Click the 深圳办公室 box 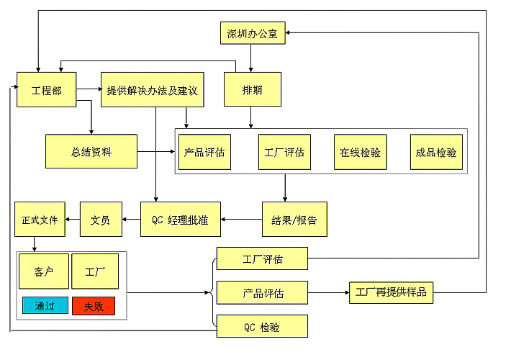tap(252, 33)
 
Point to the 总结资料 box tap(91, 151)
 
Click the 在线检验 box tap(360, 152)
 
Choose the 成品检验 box tap(435, 152)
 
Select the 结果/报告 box tap(294, 220)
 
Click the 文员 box tap(100, 220)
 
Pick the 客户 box tap(44, 272)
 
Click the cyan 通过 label tap(45, 305)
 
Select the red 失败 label tap(93, 305)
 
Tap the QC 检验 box tap(262, 327)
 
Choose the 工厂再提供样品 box tap(392, 292)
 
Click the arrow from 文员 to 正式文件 tap(72, 220)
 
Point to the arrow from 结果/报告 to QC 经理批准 tap(241, 220)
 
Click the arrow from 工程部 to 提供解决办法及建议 tap(89, 90)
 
